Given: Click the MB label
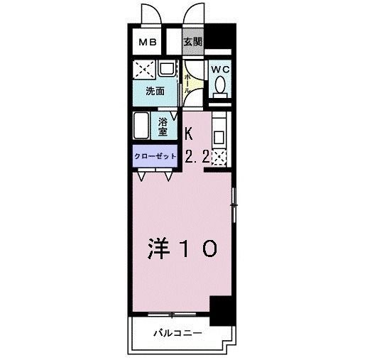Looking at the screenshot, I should [x=148, y=43].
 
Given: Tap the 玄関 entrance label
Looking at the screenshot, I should [x=192, y=42].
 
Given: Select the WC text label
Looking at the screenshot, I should [x=220, y=70].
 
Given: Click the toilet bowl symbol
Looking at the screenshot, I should [x=220, y=86].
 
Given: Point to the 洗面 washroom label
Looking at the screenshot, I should [x=155, y=91].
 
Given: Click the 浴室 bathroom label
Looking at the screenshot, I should [x=163, y=126].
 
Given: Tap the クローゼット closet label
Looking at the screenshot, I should [x=154, y=157].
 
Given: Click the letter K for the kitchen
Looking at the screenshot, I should [x=189, y=132].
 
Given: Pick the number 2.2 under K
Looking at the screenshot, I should [x=197, y=158].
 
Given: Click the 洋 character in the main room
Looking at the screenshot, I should [x=160, y=249].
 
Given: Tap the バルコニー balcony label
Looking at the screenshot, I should [x=177, y=332].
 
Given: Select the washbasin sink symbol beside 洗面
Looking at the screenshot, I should [x=168, y=69].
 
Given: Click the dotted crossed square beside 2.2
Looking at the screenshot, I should [x=219, y=158].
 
